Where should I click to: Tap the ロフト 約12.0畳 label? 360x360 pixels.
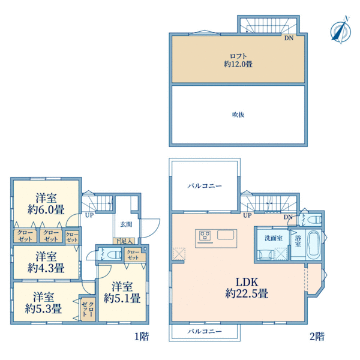(x=238, y=60)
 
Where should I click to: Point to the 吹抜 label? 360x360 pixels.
(x=238, y=115)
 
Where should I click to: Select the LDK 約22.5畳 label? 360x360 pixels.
(x=247, y=287)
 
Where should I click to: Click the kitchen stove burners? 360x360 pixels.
(x=205, y=236)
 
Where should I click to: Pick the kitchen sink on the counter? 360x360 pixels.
(x=226, y=235)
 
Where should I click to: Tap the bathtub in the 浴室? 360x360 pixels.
(x=314, y=244)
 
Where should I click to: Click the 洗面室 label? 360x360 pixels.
(x=273, y=238)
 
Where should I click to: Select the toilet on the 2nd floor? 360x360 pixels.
(x=315, y=220)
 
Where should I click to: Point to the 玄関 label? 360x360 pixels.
(x=126, y=224)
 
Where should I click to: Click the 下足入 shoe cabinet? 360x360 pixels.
(x=124, y=241)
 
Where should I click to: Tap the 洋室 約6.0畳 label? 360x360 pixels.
(x=46, y=203)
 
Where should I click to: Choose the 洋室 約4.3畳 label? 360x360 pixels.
(x=46, y=262)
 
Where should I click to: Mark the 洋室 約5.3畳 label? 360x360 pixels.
(x=43, y=303)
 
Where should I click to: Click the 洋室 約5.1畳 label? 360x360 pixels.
(x=122, y=293)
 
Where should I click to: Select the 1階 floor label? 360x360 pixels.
(x=142, y=337)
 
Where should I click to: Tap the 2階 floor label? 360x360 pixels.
(x=317, y=337)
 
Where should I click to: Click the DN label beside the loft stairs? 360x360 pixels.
(x=289, y=38)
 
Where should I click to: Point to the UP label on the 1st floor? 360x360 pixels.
(x=89, y=215)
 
